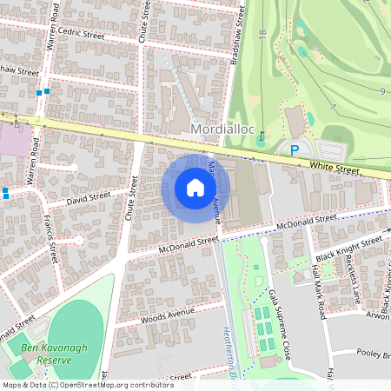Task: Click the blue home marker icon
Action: coord(195,188)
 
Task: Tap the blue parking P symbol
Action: coord(295,150)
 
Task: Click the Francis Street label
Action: coord(51,241)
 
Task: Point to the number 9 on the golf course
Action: coord(382,90)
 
